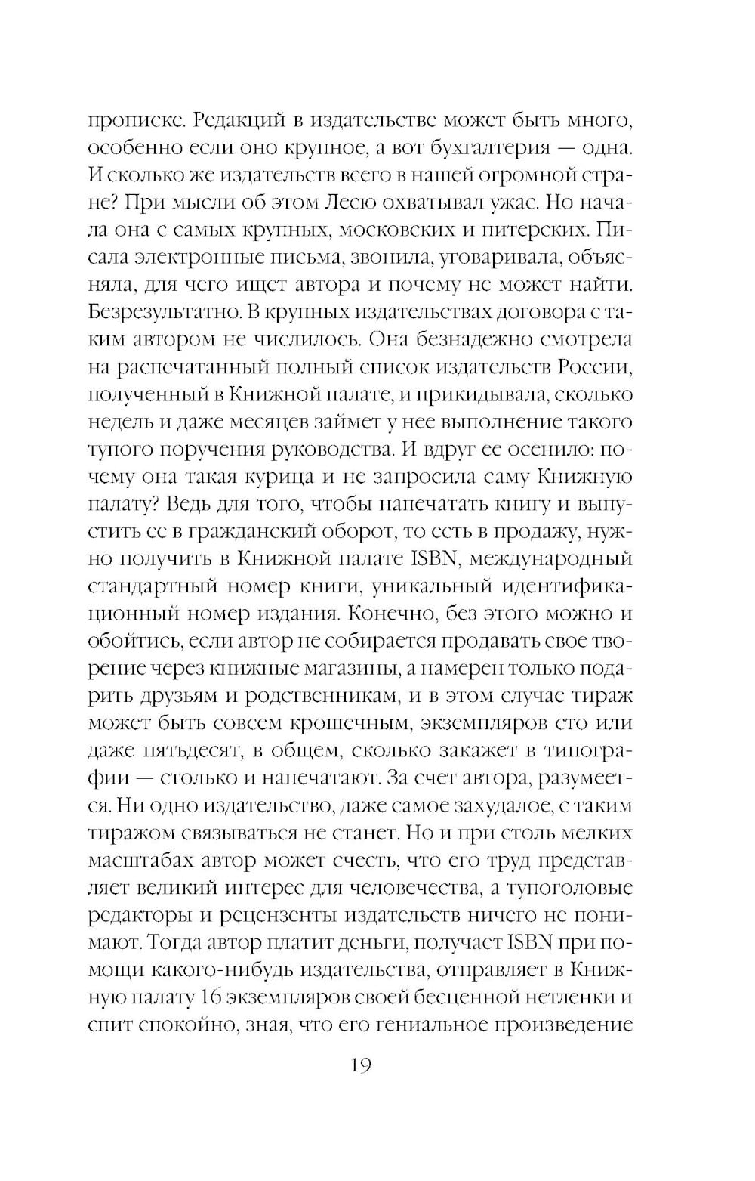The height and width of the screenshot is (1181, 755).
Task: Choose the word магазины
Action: click(358, 669)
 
